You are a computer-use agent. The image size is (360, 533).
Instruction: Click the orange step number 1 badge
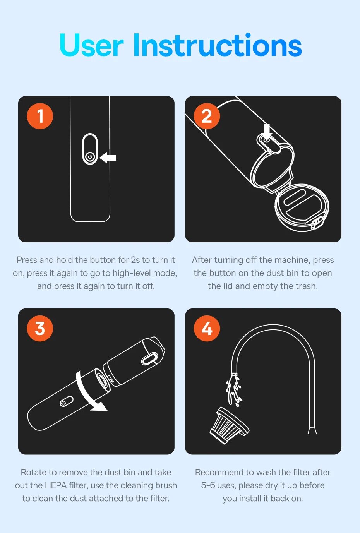click(40, 116)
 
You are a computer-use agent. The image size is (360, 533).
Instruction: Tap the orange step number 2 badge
click(207, 116)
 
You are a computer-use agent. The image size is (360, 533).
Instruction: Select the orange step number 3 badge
click(40, 329)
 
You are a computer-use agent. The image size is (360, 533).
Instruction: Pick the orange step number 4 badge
click(207, 329)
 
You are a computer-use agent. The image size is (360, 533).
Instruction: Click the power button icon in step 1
click(90, 157)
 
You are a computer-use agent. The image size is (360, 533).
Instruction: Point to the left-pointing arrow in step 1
click(108, 158)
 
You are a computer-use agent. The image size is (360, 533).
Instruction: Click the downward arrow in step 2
click(267, 131)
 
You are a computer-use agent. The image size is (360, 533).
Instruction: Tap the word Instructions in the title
click(218, 45)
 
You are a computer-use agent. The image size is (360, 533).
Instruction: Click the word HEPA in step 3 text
click(55, 485)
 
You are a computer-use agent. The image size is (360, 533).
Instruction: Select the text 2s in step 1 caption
click(135, 260)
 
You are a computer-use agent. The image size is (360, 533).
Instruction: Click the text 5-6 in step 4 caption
click(208, 485)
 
